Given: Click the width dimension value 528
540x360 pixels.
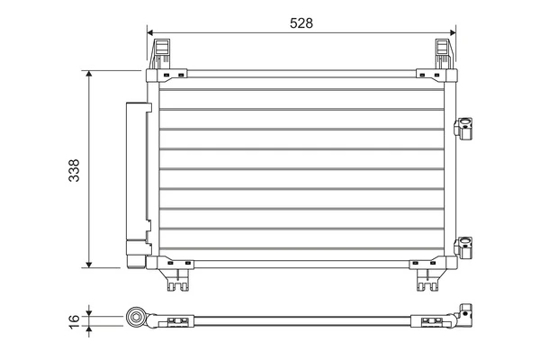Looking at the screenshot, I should coord(301,24).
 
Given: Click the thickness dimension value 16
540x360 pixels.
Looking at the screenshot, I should coord(74,318).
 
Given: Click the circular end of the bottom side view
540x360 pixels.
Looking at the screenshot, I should coord(137,317).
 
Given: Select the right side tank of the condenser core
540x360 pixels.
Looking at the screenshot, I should coord(450,171).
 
